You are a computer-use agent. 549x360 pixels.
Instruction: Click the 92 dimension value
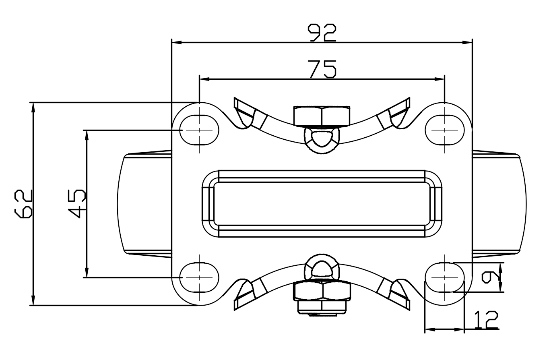[x=322, y=33]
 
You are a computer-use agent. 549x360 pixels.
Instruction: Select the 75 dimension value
[x=322, y=69]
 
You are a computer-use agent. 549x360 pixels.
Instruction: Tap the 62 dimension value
[x=24, y=204]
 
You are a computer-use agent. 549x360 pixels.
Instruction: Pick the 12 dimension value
[x=486, y=320]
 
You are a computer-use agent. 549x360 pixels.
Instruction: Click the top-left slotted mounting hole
[x=199, y=130]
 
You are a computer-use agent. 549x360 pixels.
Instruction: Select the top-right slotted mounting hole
[x=445, y=130]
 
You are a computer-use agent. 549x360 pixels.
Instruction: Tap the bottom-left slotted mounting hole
[x=199, y=278]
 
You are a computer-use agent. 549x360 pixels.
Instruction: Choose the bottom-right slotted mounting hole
[x=445, y=278]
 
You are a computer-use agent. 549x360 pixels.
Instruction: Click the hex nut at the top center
[x=322, y=116]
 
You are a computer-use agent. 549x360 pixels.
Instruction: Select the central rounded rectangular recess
[x=322, y=203]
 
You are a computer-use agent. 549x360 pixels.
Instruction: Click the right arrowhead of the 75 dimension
[x=440, y=79]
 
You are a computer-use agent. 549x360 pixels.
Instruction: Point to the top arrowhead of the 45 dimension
[x=86, y=135]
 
